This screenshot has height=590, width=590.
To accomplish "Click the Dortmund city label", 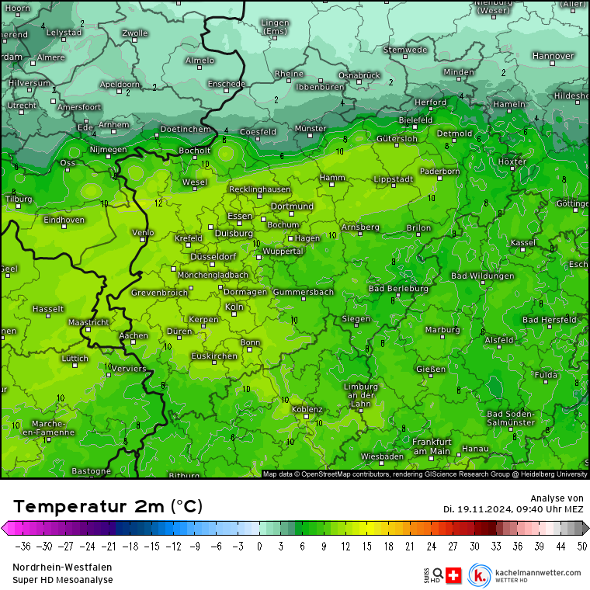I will (292, 206).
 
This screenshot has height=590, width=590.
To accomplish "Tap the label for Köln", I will (234, 307).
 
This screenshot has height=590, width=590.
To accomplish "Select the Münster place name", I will (311, 128).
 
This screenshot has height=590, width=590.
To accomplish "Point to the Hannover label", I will (553, 56).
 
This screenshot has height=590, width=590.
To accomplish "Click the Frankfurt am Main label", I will (432, 446).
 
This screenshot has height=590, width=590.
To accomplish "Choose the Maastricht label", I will (88, 321).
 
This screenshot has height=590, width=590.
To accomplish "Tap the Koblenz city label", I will (307, 409).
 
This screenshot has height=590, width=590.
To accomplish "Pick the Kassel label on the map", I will (523, 242).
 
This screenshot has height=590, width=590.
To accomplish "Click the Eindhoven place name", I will (64, 220).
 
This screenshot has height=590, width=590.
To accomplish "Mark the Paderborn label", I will (439, 171).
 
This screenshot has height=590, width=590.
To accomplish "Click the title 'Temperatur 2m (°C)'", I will (108, 506).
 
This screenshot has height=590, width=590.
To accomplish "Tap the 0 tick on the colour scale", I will (259, 546).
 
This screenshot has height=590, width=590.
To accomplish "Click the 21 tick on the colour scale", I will (409, 546).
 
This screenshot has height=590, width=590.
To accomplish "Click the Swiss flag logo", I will (454, 575).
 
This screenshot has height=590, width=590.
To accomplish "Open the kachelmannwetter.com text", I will (536, 572).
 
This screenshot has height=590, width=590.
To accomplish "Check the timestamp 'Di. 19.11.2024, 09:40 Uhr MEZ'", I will (513, 508).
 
